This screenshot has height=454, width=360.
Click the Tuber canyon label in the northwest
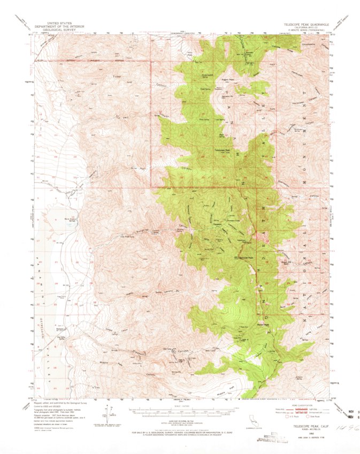(x=117, y=75)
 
